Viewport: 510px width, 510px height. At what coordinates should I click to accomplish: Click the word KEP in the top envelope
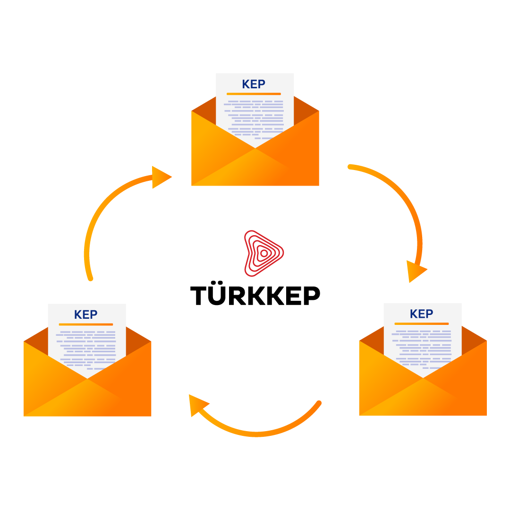[x=254, y=85]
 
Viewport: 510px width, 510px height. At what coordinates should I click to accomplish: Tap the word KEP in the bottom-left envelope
[x=85, y=315]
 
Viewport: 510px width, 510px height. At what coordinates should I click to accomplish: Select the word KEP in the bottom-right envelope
[x=421, y=314]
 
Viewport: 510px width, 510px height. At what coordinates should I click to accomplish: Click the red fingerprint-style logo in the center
[x=263, y=253]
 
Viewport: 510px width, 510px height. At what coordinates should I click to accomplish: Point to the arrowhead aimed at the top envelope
[x=160, y=177]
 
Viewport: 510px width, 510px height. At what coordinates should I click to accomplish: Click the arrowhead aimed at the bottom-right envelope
[x=416, y=271]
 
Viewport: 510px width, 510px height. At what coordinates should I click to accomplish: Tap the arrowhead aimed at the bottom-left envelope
[x=197, y=405]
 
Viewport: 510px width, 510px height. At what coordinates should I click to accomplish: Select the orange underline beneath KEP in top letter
[x=254, y=94]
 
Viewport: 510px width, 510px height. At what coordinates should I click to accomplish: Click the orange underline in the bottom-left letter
[x=85, y=324]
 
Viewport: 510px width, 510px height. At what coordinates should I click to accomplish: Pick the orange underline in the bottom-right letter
[x=421, y=324]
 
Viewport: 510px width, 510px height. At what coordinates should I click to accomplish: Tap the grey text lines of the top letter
[x=255, y=116]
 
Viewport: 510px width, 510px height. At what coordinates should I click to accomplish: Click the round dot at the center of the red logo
[x=263, y=254]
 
